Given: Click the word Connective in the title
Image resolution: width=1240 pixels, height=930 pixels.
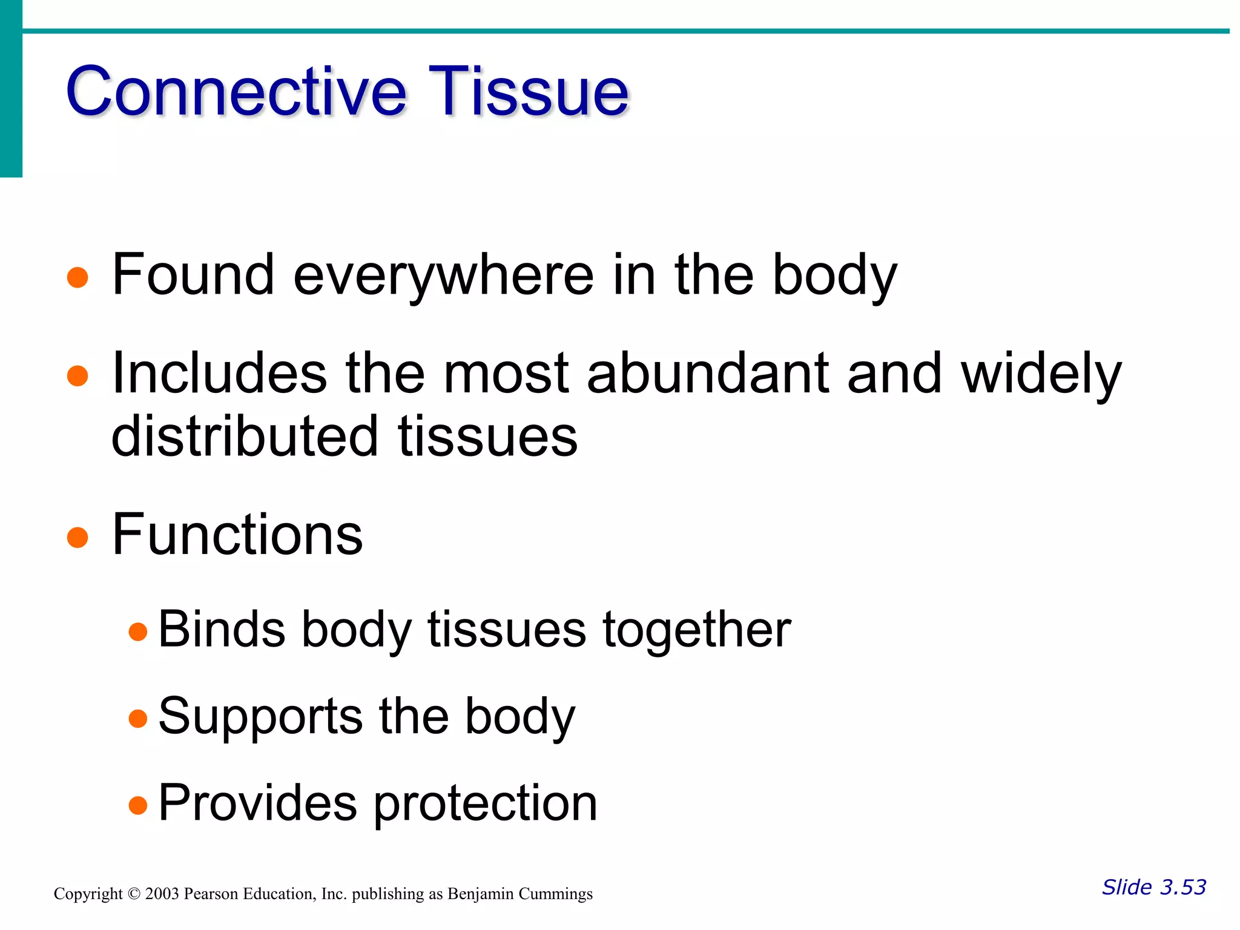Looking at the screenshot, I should click(236, 92).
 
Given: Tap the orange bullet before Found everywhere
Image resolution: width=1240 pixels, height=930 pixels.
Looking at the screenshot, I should click(77, 278).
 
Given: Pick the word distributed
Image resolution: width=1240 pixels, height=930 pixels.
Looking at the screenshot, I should click(245, 437).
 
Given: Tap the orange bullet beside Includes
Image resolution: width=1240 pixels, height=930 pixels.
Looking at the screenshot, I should click(77, 375).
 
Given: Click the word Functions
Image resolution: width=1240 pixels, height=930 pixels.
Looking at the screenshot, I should click(237, 535).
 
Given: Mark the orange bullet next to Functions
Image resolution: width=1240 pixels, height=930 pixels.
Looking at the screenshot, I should click(77, 537).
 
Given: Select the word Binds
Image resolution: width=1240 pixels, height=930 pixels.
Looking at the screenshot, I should click(222, 630).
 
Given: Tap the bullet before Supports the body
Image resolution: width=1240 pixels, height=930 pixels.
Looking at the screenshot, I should click(138, 719).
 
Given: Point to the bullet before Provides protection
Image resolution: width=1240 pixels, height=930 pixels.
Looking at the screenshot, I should click(138, 805).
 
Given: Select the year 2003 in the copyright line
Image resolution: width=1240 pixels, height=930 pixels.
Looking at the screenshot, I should click(162, 894).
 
